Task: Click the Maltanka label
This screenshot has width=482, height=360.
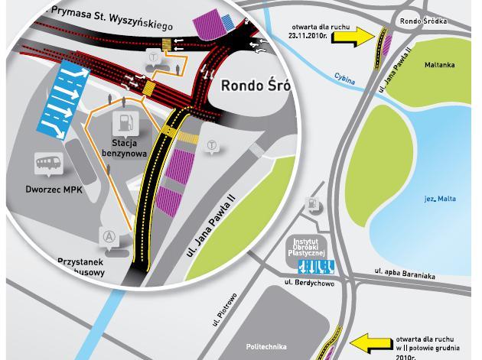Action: [x=439, y=66]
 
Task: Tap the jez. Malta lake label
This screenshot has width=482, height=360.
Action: [x=440, y=199]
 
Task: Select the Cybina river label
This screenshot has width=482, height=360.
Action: [x=345, y=79]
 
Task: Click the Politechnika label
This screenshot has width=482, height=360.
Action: [x=266, y=347]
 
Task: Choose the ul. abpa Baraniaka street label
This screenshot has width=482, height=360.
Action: [x=405, y=274]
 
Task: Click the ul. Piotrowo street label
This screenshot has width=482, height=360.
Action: [x=226, y=309]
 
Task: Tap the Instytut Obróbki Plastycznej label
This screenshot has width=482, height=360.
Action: [x=310, y=248]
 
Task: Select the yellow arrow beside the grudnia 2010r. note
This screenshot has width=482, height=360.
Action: [x=370, y=343]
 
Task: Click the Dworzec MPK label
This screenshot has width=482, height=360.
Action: [x=54, y=190]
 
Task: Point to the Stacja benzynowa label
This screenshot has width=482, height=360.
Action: [x=124, y=148]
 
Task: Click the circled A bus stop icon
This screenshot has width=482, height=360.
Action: [x=109, y=238]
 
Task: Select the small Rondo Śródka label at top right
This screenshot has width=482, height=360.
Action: [x=423, y=21]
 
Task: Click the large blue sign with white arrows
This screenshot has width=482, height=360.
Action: [x=65, y=102]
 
